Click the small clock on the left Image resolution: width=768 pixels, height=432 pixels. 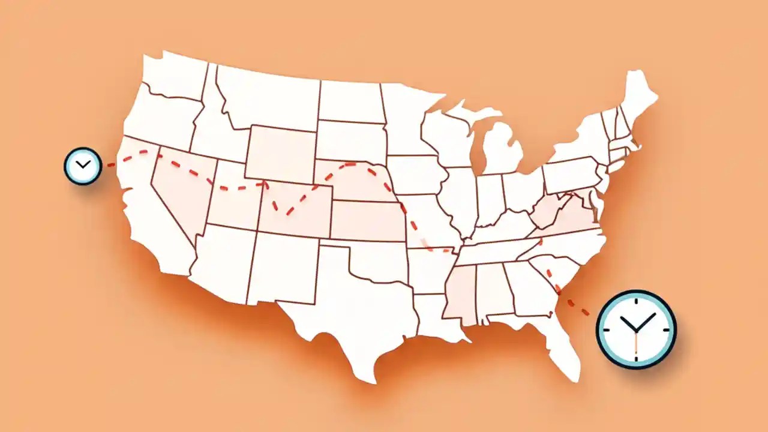pos(83,166)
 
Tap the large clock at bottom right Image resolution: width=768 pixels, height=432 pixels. pos(636,329)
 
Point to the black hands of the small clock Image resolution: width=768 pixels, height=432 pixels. pos(83,164)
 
